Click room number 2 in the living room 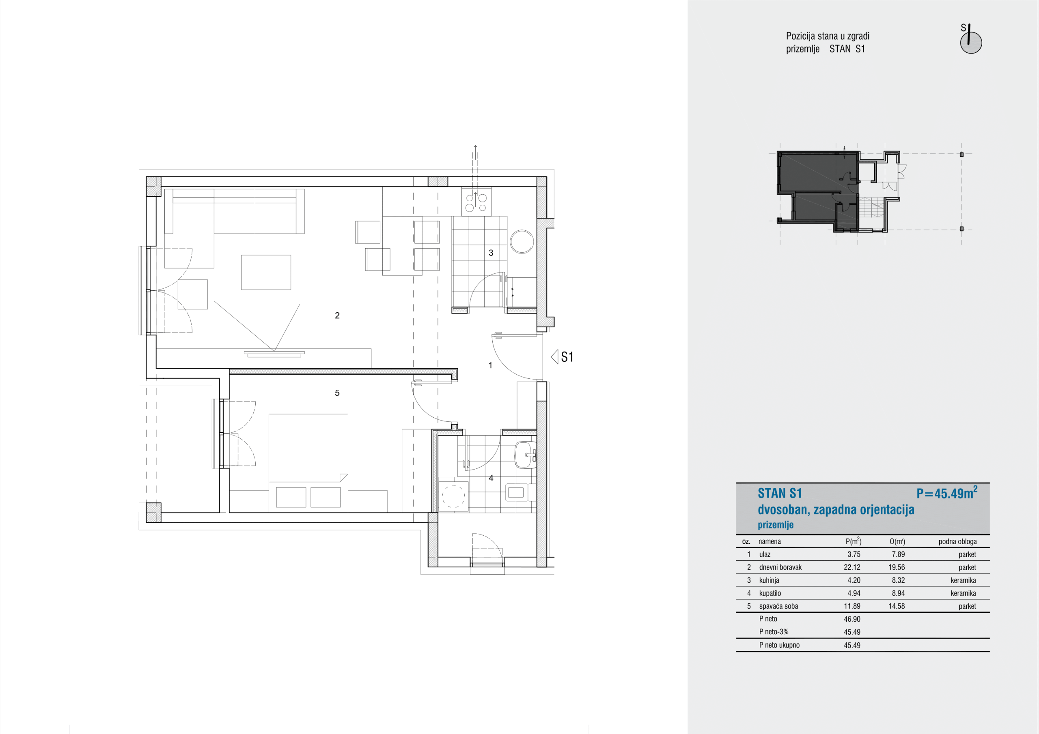coord(337,315)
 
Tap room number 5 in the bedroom coord(337,393)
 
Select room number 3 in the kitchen coord(491,253)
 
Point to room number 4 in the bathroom coord(491,478)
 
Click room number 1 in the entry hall coord(491,365)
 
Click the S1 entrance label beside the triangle coord(567,357)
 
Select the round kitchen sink coord(522,242)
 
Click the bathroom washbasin coord(525,455)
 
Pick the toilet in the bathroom coord(521,492)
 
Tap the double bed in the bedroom coord(308,463)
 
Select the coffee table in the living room coord(266,272)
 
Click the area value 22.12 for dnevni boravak coord(852,567)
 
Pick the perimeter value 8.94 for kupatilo coord(898,593)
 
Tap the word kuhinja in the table coord(769,580)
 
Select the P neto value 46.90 coord(852,619)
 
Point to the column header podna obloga coord(957,541)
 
